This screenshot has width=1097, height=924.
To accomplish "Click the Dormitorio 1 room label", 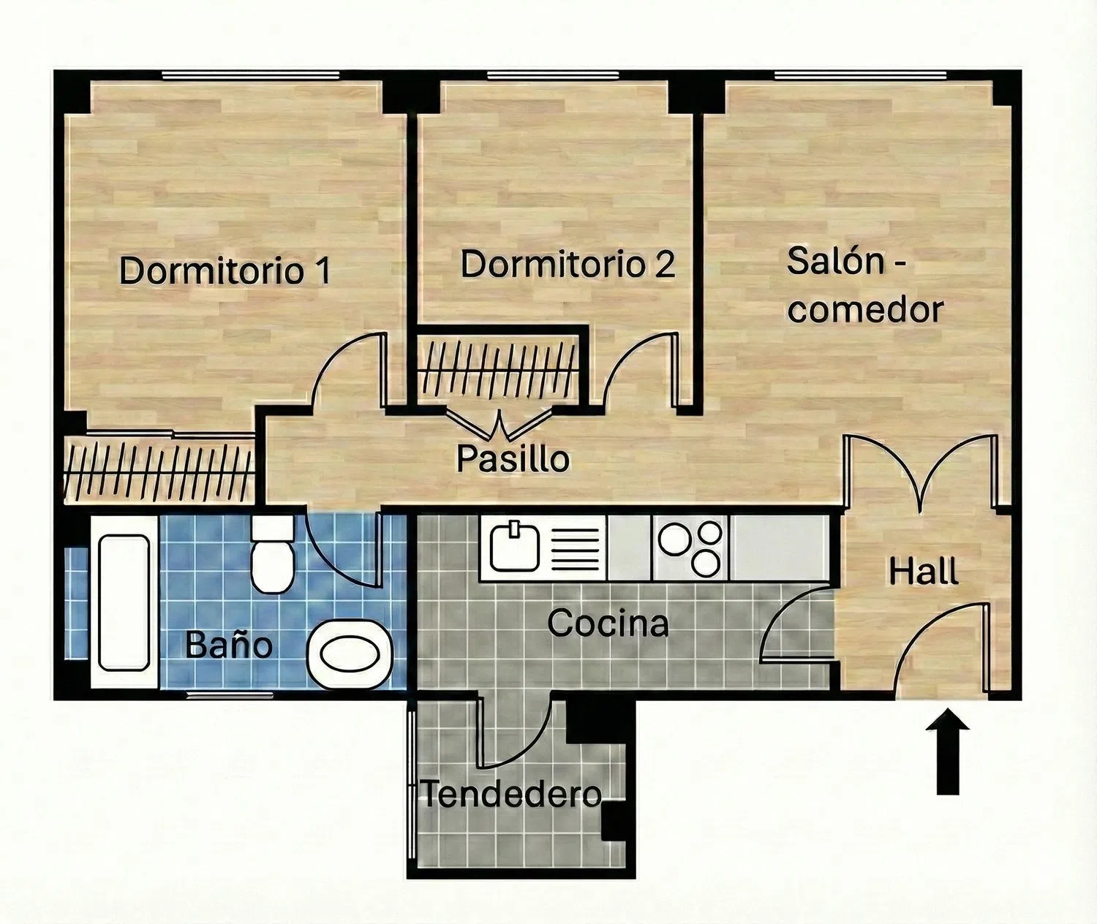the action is tap(225, 270).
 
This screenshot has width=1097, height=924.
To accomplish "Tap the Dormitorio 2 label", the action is tap(568, 264).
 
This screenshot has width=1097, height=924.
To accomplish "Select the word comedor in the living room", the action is tap(866, 310).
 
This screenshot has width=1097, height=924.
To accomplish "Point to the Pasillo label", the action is tap(513, 458).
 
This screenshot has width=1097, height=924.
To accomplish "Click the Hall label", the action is tap(924, 572).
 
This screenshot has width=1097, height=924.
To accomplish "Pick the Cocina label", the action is tap(608, 623).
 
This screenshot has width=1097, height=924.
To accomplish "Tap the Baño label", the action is tap(229, 644).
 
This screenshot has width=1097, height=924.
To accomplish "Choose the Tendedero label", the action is tap(512, 795).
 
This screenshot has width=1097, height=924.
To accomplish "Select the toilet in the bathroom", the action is tap(272, 553).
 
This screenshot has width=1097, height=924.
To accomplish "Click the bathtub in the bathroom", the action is tap(124, 602).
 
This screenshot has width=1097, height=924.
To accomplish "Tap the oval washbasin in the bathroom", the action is tap(350, 655).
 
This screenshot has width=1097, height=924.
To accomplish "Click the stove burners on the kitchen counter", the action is tap(690, 548).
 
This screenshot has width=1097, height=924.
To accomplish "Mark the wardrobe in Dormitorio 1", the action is tap(159, 468).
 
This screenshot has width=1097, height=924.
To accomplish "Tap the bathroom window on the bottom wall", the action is tap(230, 695).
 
